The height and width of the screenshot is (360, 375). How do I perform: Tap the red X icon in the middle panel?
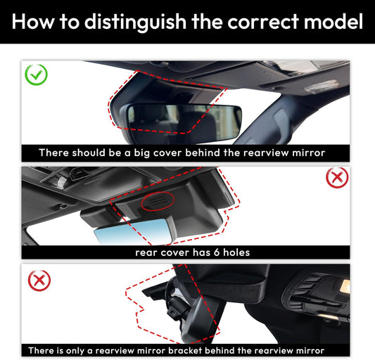337,178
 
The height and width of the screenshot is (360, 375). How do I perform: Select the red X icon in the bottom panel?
39,281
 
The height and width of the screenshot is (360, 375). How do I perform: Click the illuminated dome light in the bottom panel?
344,286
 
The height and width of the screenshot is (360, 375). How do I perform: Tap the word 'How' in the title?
32,22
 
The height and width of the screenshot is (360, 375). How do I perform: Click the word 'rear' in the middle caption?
146,252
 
